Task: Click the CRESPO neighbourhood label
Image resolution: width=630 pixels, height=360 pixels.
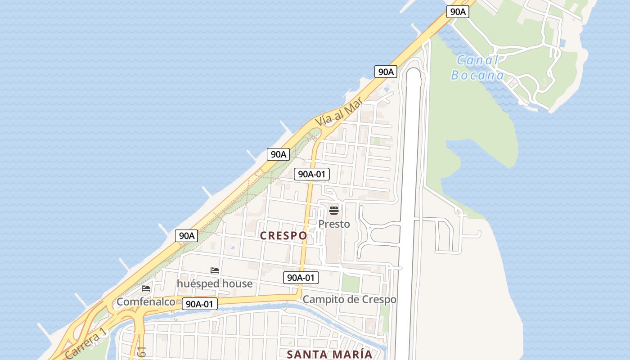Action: (283, 235)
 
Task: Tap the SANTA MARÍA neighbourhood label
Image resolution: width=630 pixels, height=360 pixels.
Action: (329, 354)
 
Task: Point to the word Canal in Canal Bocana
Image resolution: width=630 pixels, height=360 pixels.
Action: (477, 60)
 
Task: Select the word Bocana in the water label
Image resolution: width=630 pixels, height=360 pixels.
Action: (477, 75)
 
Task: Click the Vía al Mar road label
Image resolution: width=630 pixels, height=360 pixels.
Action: (335, 113)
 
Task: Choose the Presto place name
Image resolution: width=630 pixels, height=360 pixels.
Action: (334, 224)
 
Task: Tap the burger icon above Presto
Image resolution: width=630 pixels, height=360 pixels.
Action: (333, 210)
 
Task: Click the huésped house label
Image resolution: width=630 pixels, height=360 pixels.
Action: (214, 283)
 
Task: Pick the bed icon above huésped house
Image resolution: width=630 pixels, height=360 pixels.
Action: (215, 270)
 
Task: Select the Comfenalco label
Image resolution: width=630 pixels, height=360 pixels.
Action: (145, 301)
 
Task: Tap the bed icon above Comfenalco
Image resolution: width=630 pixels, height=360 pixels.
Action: (146, 288)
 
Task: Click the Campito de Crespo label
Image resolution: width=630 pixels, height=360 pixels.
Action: (349, 299)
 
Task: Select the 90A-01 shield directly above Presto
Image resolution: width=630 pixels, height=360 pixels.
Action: (312, 174)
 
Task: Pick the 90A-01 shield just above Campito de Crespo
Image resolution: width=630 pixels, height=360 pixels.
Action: (301, 278)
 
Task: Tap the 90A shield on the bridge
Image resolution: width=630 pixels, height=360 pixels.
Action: (458, 12)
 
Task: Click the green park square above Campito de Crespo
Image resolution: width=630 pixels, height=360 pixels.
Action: (351, 283)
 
